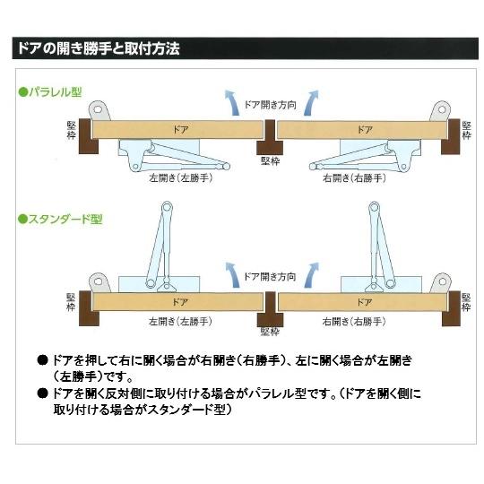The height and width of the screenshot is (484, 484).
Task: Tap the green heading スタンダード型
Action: click(x=59, y=219)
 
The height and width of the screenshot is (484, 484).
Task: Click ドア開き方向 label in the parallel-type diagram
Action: click(x=270, y=105)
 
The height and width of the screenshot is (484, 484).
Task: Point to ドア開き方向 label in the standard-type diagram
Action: click(x=270, y=277)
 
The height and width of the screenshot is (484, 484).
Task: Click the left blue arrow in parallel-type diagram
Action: click(x=232, y=100)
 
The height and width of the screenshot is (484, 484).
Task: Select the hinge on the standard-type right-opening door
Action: click(x=439, y=283)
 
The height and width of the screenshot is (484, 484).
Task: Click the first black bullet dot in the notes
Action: click(x=41, y=359)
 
